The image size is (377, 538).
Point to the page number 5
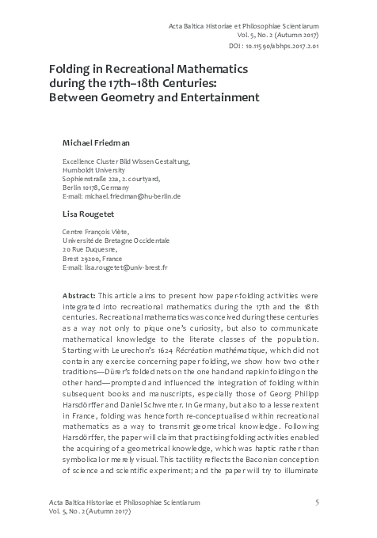(x=317, y=502)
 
